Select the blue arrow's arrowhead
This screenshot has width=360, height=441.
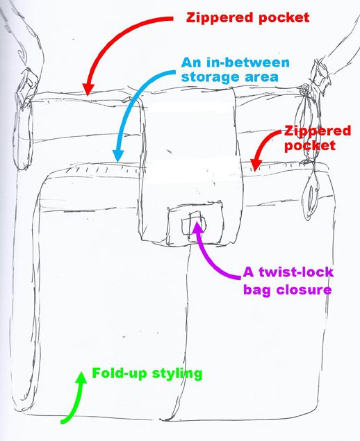tap(118, 156)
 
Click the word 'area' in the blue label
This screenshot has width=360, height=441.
tap(261, 77)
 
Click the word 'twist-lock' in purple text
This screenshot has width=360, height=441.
tap(295, 272)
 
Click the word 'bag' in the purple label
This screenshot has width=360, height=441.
tap(257, 290)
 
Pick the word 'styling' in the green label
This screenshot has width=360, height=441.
tap(177, 374)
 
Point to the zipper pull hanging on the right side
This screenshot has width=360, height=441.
tap(311, 193)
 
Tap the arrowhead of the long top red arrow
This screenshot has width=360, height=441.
tap(88, 90)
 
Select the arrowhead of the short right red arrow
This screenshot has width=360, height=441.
tap(256, 165)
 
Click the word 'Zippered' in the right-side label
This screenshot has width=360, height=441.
tap(318, 131)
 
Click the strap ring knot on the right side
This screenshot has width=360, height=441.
tap(305, 90)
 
